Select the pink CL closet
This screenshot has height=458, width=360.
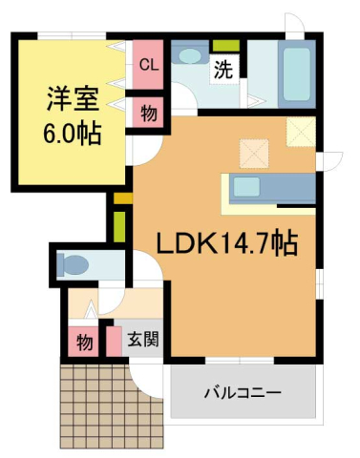tap(148, 65)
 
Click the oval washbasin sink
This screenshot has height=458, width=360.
tap(191, 55)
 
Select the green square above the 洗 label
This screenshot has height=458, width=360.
tap(224, 46)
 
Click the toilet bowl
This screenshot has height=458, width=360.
tap(73, 263)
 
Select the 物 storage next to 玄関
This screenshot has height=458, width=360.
tap(84, 341)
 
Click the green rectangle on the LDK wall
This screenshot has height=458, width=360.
tap(120, 227)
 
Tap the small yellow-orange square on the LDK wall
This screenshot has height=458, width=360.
tap(120, 198)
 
